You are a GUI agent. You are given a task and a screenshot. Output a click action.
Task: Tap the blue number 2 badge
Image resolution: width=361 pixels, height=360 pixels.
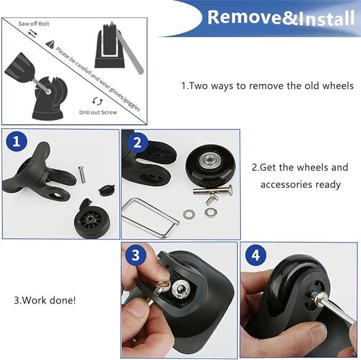click(137, 142)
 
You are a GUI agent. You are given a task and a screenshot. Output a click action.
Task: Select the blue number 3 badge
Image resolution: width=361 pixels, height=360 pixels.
click(136, 255)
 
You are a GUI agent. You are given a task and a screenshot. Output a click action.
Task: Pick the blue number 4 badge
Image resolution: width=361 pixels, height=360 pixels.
click(256, 255)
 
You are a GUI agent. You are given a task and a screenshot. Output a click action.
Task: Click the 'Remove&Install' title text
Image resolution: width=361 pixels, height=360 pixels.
click(280, 17)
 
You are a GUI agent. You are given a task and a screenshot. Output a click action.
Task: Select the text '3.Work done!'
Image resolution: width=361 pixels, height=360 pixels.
click(45, 300)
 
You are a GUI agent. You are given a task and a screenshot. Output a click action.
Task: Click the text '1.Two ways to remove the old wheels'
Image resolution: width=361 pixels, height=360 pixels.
click(267, 85)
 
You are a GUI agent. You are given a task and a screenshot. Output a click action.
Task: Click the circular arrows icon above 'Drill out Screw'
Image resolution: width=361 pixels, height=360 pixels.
click(97, 101)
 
